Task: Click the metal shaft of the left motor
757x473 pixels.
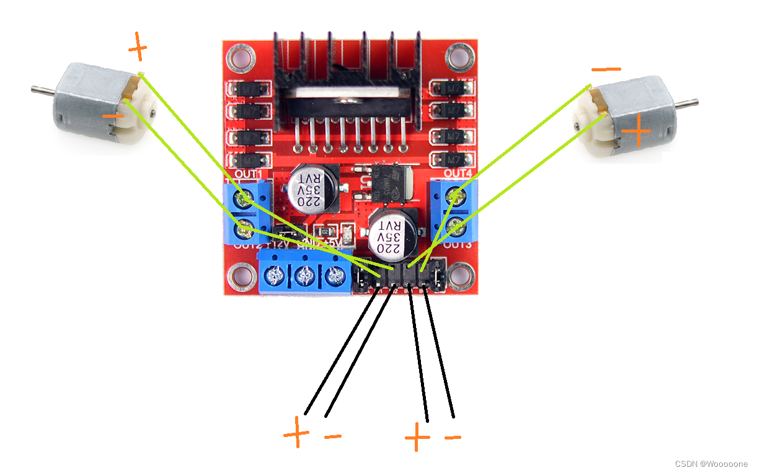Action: (x=40, y=91)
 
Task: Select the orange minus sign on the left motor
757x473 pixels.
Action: (x=113, y=116)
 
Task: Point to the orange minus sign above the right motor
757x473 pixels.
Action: (x=606, y=69)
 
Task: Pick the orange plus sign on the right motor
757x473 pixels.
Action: (x=636, y=132)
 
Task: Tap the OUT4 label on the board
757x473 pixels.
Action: (x=458, y=172)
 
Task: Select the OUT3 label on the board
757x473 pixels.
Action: (x=458, y=245)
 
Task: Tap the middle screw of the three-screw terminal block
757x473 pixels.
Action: (x=305, y=273)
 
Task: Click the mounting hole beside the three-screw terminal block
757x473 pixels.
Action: (x=240, y=275)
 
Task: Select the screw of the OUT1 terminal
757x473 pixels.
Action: (x=244, y=198)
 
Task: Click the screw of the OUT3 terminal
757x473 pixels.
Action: (x=457, y=226)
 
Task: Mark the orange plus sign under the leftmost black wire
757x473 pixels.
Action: (x=296, y=432)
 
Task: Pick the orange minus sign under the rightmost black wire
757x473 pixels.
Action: (x=453, y=438)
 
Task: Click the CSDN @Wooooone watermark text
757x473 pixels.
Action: (x=711, y=464)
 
